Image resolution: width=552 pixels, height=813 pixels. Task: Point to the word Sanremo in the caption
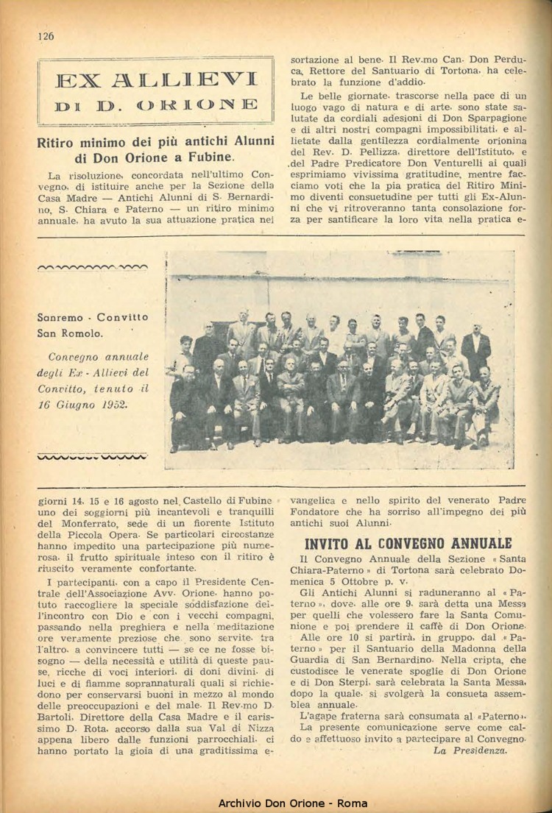pyautogui.click(x=64, y=317)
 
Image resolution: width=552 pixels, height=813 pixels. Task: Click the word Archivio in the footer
pyautogui.click(x=247, y=803)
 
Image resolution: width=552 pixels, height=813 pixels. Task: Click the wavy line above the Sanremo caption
pyautogui.click(x=92, y=268)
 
